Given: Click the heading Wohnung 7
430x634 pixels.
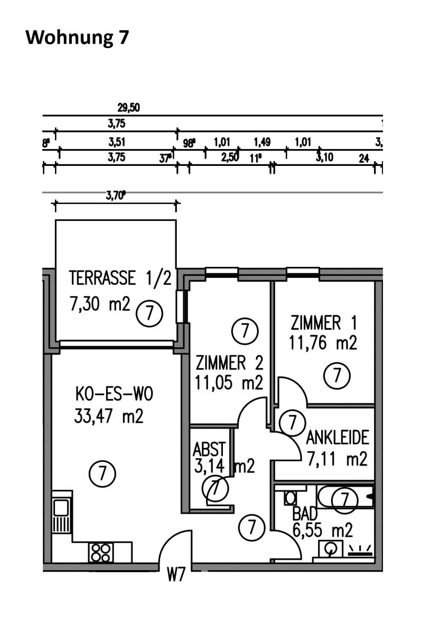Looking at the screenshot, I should pos(77,38).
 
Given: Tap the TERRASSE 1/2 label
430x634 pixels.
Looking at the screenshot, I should pos(120,278).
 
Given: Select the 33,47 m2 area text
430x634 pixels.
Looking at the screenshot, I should pos(109,417).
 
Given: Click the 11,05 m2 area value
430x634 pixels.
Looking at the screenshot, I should pos(229,383).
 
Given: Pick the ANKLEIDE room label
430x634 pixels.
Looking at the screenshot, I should pos(337,438).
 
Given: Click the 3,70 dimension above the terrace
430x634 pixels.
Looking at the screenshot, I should pos(116,196).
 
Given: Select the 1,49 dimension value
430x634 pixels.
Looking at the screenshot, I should pos(262,142).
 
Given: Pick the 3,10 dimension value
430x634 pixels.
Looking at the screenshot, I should pos(324,157).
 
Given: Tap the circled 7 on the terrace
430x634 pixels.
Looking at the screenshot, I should pos(149,314).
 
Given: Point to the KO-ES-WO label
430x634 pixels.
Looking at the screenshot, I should pos(108,394).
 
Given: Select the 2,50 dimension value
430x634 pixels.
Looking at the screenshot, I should pos(230,157).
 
